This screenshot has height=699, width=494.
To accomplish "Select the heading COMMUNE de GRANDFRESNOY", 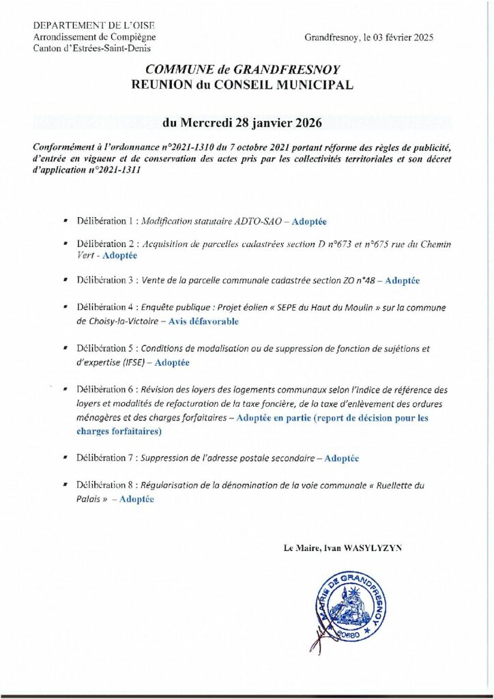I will (x=246, y=70).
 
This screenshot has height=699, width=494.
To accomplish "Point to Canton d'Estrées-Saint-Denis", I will (x=92, y=47).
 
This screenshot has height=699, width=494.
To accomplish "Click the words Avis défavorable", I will (x=203, y=321).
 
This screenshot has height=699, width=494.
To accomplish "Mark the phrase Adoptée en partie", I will (x=272, y=418).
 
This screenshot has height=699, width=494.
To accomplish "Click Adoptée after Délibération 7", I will (x=342, y=459).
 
